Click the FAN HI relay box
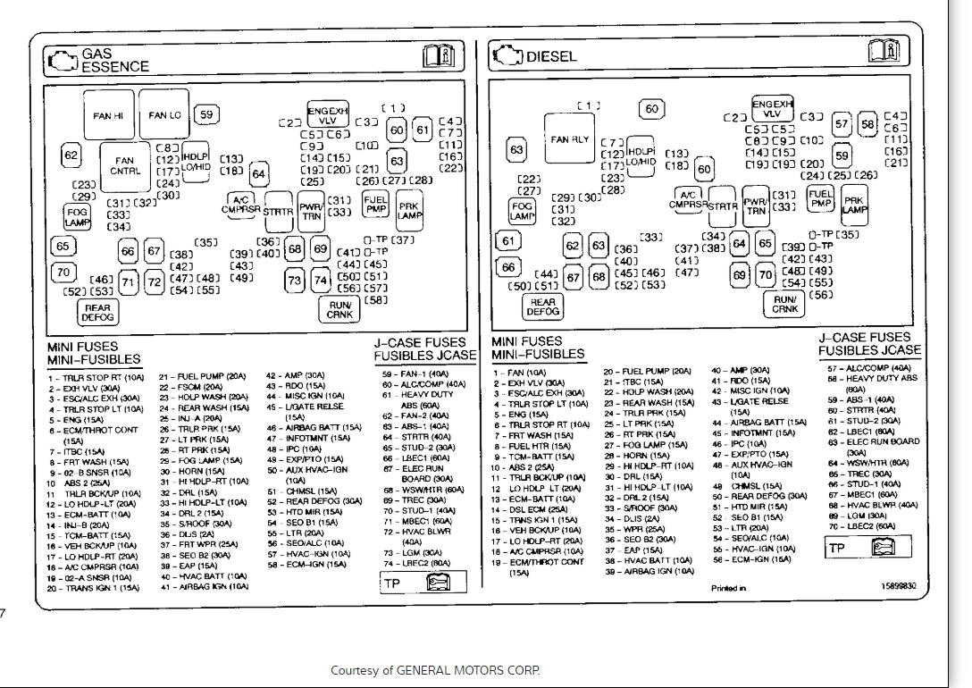click(x=109, y=115)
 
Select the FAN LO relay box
click(x=164, y=114)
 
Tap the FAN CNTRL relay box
click(x=125, y=166)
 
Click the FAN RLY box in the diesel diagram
click(x=570, y=140)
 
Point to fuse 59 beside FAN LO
click(x=207, y=113)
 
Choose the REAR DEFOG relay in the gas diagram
click(x=97, y=312)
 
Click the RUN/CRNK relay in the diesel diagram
click(x=785, y=304)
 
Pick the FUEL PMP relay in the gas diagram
click(x=376, y=205)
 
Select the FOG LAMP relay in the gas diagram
click(x=77, y=216)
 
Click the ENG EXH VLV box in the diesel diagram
click(x=773, y=109)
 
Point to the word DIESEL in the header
click(x=551, y=56)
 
